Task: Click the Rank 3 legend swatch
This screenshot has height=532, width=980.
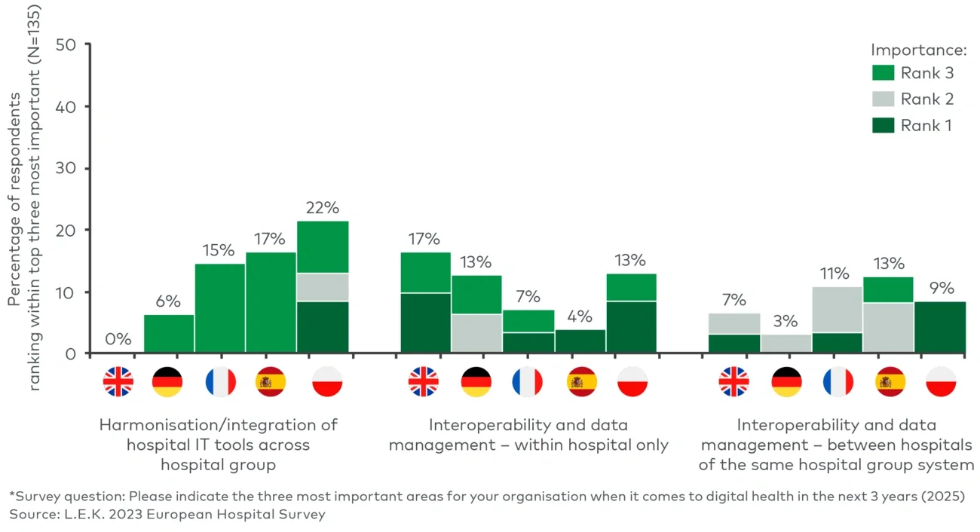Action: click(883, 73)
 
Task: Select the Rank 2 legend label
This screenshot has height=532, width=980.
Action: click(926, 99)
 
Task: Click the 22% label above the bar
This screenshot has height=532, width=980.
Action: click(323, 206)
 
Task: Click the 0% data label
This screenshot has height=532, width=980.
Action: click(118, 339)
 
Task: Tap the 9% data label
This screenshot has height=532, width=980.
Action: click(940, 287)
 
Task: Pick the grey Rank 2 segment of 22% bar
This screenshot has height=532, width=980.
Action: click(323, 287)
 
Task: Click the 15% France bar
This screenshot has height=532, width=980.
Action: click(220, 307)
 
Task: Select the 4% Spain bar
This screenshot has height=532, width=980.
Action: click(580, 341)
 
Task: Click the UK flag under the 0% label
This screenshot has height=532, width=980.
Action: click(118, 382)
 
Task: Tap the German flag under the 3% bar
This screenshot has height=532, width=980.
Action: click(786, 382)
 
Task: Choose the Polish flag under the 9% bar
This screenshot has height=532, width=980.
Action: click(940, 382)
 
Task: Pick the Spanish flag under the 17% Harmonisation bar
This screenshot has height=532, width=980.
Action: click(271, 382)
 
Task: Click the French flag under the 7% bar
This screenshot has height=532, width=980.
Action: click(528, 382)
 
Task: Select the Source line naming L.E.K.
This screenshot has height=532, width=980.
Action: click(167, 515)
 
